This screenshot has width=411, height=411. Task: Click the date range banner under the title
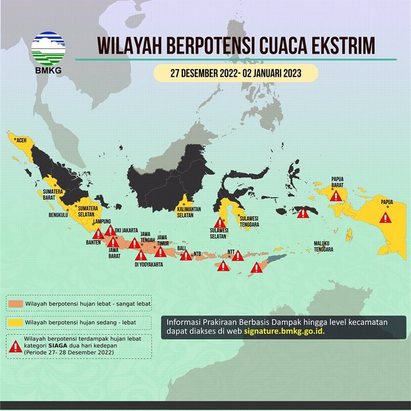[236, 73]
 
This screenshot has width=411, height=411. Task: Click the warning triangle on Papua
[385, 217]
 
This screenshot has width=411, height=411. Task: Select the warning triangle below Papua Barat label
[336, 196]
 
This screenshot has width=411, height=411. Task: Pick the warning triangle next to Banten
[98, 233]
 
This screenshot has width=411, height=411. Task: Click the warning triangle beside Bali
[186, 255]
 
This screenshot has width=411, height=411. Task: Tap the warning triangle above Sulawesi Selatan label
[217, 223]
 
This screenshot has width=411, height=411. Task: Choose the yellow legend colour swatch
[16, 323]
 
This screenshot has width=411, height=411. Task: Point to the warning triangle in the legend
[16, 344]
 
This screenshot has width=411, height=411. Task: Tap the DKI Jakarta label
[126, 230]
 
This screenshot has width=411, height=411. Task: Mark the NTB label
[198, 253]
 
